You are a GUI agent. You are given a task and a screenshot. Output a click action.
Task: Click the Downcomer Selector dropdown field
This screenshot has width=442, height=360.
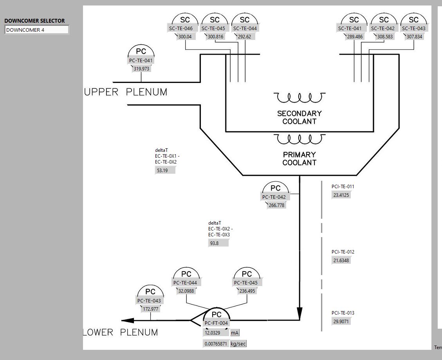37,30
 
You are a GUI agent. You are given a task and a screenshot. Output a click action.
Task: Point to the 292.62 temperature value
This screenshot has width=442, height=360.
245,37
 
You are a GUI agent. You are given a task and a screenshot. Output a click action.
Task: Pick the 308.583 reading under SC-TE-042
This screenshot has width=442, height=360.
384,37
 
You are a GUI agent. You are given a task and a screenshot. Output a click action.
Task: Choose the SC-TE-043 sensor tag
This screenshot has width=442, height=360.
413,28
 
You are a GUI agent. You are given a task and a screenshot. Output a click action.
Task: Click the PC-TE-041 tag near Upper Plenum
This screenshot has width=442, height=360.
141,61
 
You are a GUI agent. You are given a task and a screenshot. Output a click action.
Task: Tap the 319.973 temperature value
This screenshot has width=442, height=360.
141,69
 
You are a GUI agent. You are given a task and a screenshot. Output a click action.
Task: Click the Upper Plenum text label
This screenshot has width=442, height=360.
126,92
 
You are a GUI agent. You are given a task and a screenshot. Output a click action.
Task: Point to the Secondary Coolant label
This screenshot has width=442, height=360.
299,117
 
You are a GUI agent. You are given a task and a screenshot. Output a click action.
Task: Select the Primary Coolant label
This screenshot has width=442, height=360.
299,158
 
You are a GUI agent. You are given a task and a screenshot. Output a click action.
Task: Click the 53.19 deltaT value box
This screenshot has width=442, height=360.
165,171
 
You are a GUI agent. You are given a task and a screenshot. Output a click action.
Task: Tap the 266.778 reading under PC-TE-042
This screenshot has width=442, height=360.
276,205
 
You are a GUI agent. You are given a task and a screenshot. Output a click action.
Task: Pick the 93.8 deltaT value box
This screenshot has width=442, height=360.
218,243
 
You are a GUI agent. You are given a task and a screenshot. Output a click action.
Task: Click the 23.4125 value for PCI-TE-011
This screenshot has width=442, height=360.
341,195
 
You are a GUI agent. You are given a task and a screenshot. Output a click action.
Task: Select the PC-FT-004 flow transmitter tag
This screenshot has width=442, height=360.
216,323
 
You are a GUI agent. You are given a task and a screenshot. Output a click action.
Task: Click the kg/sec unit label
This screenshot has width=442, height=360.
238,344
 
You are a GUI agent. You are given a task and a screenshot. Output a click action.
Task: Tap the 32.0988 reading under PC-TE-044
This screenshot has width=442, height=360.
186,291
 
